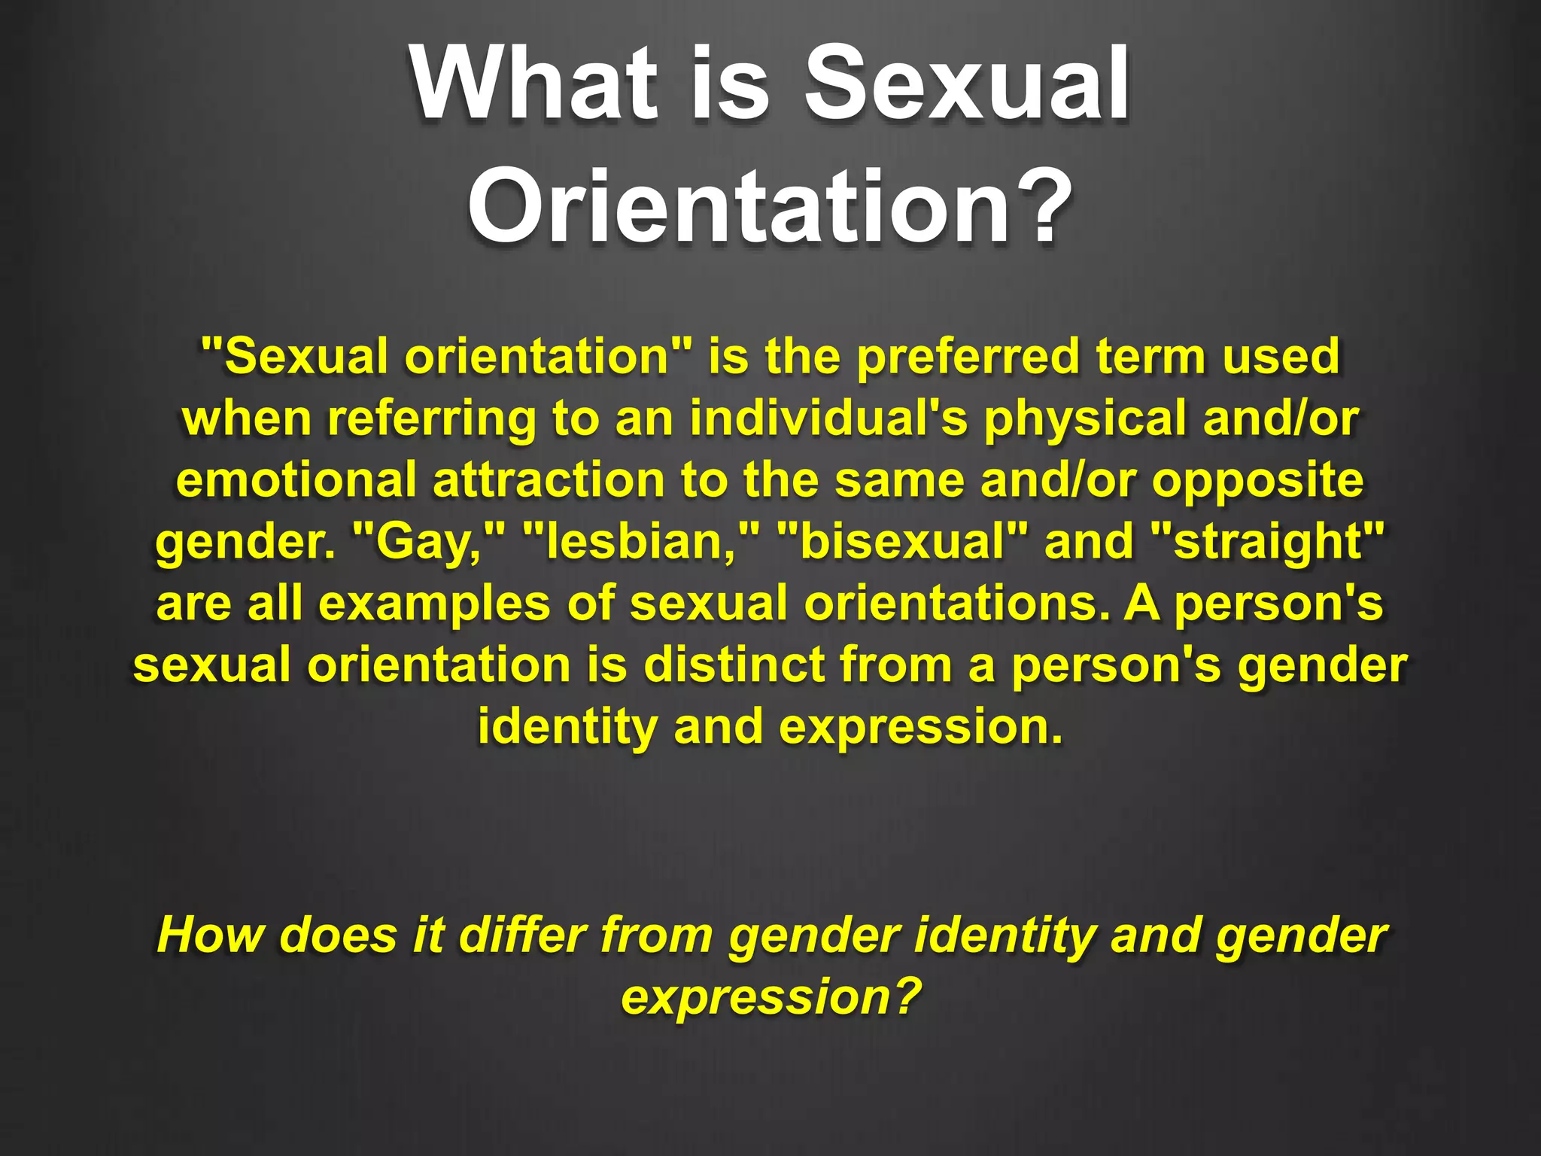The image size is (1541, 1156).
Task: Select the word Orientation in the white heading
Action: (741, 205)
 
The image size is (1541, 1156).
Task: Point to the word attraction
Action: (549, 480)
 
